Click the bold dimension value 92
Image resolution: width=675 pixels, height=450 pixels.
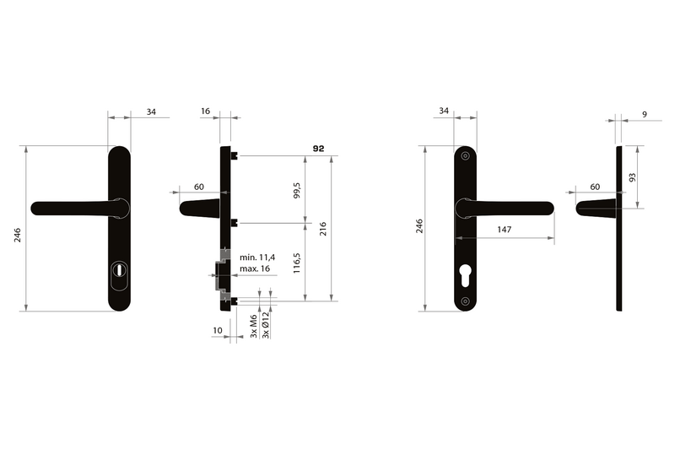(x=318, y=149)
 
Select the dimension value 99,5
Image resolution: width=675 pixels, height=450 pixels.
(x=297, y=190)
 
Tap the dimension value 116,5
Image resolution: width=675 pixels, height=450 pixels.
(x=297, y=263)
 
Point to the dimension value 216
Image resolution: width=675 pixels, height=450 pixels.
(x=323, y=229)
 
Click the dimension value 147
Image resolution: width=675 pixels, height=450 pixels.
(x=504, y=230)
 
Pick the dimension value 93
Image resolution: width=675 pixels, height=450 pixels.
(x=632, y=177)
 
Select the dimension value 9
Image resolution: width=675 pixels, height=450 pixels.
(x=645, y=115)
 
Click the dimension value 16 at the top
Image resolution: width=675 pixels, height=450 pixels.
(x=205, y=111)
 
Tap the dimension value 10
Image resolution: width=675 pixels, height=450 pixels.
(x=218, y=330)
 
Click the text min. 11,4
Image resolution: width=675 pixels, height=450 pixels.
(x=257, y=258)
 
